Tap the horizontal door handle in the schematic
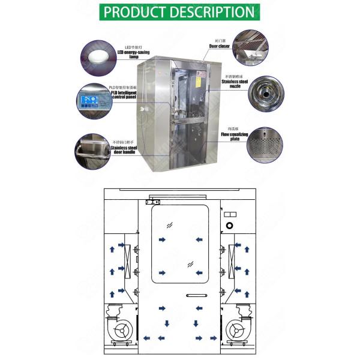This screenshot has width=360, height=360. [196, 295]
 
